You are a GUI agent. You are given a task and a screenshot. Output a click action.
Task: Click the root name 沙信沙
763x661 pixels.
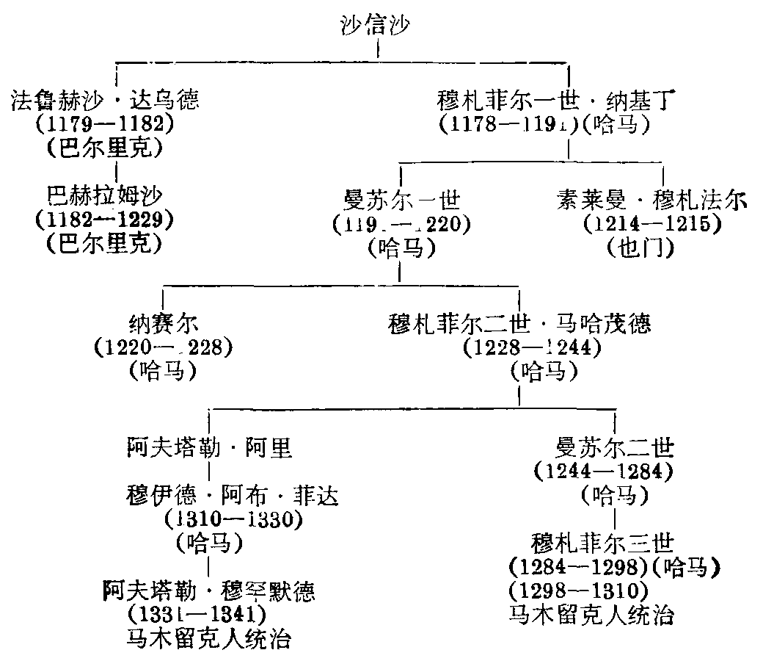coord(376,27)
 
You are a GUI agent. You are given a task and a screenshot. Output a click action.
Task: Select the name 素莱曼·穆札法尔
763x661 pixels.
coord(651,199)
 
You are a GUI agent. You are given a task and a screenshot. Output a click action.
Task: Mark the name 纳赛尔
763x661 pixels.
coord(162,322)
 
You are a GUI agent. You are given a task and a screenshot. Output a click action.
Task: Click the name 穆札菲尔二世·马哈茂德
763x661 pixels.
coord(519,322)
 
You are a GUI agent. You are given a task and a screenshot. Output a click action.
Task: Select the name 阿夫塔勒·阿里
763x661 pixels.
coord(209,447)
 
